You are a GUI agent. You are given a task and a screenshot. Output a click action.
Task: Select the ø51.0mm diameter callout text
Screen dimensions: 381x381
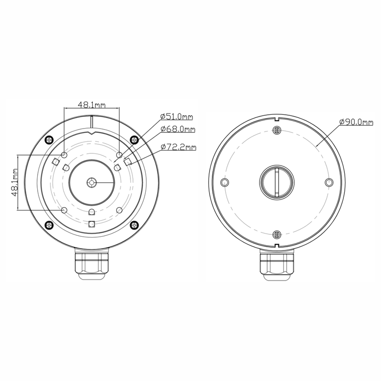point(177,117)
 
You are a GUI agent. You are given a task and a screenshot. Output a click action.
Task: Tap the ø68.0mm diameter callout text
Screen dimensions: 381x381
point(178,129)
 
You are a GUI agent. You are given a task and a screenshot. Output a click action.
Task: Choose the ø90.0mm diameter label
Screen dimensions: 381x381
point(356,122)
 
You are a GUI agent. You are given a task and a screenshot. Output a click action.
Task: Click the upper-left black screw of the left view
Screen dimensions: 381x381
point(49,140)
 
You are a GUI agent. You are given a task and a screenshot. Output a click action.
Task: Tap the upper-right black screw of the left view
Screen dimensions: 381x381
point(135,140)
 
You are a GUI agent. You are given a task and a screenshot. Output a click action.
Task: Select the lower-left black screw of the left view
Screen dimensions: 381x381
point(49,225)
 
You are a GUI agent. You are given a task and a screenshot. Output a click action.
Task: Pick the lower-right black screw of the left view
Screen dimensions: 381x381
point(135,225)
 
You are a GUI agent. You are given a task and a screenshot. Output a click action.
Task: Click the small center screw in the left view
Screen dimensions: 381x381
point(91,182)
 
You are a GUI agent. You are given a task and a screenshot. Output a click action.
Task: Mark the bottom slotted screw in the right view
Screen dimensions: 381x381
point(276,234)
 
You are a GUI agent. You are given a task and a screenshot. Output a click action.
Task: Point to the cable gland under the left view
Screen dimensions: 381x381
point(91,267)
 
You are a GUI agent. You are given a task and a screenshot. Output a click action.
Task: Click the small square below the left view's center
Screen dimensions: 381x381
point(92,223)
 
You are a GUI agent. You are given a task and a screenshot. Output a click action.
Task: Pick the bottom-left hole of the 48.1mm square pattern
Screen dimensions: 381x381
point(64,210)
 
